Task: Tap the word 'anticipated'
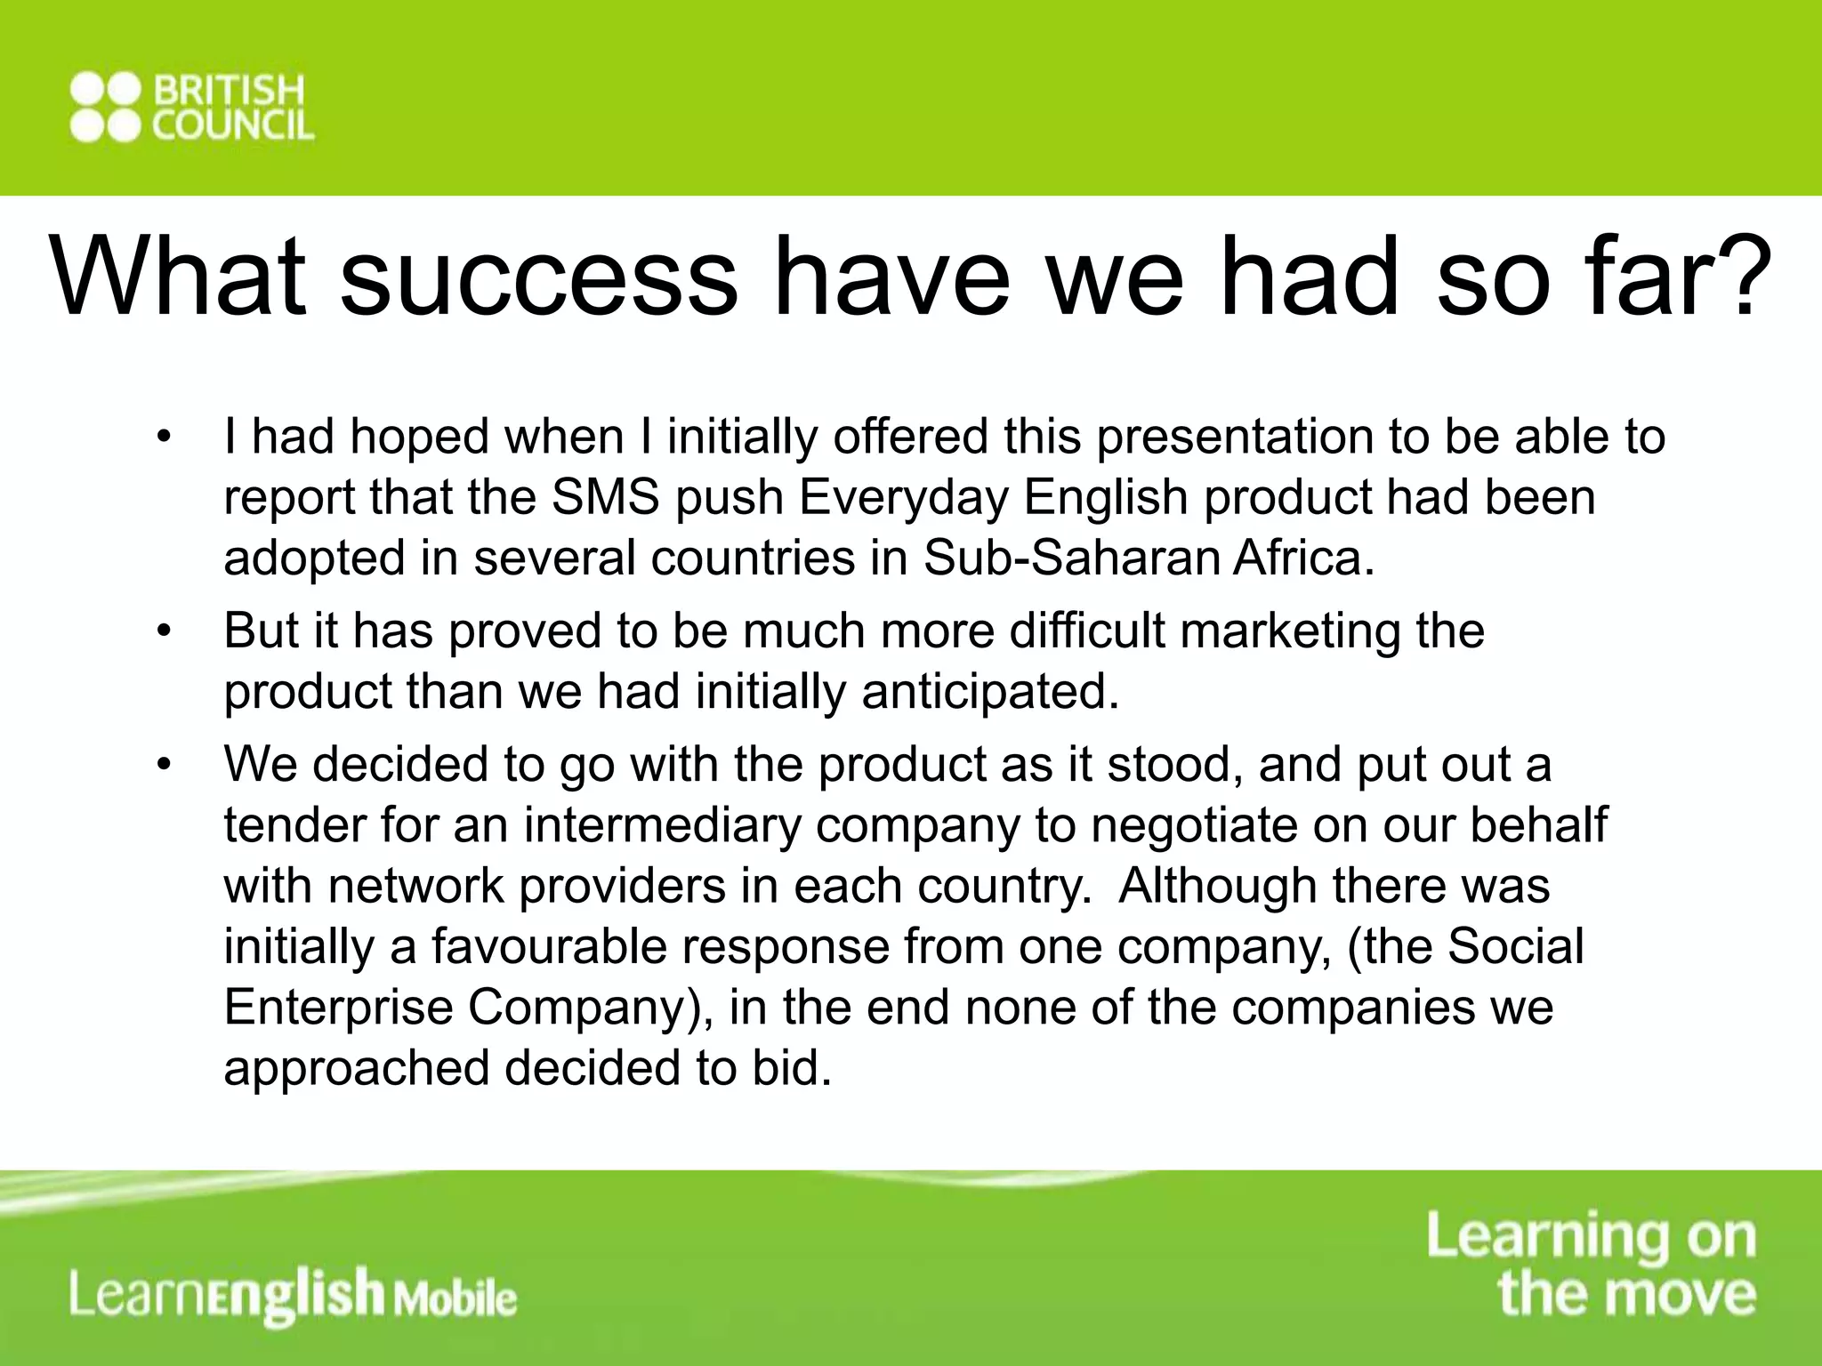(x=989, y=691)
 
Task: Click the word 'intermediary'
(x=662, y=825)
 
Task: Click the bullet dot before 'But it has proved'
(x=162, y=631)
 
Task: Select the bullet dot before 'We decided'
(x=162, y=765)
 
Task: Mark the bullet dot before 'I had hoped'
(x=162, y=438)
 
